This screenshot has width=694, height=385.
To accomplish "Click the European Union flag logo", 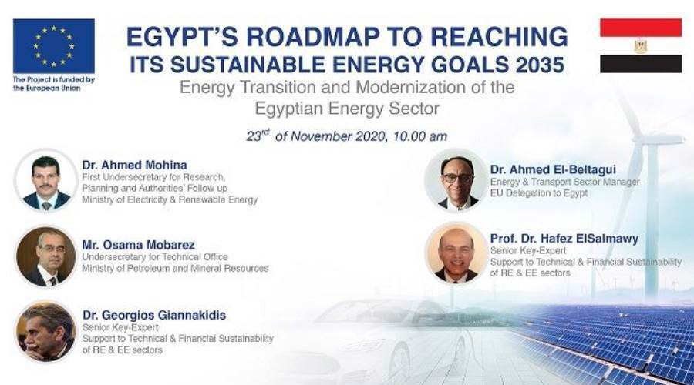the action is tap(53, 46).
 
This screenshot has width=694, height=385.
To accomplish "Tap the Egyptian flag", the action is tap(641, 45).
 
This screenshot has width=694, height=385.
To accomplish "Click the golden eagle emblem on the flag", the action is tap(641, 46).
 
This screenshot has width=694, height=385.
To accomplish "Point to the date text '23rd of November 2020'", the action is tap(315, 136).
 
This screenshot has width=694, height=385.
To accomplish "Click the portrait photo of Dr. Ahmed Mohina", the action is tap(46, 180).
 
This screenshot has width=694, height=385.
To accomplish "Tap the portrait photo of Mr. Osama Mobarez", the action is tap(46, 257).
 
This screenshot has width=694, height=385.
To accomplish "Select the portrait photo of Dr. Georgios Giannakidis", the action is tap(46, 332).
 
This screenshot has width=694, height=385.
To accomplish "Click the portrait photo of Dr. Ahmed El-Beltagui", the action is tap(456, 180).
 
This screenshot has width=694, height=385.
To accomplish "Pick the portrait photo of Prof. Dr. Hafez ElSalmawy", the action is tap(456, 253).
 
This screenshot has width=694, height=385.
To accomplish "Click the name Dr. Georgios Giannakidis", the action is tap(154, 315).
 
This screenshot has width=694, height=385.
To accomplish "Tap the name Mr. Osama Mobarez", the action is tap(139, 245).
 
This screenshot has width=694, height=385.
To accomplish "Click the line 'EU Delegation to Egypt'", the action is tap(539, 193).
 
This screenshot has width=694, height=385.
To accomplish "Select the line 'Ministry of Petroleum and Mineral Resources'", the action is tap(175, 268).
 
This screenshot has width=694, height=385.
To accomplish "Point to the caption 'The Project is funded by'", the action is tap(53, 80).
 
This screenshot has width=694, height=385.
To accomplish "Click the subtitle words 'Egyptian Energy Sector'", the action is tap(347, 109).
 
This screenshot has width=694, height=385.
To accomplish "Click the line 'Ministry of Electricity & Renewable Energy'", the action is tap(170, 199).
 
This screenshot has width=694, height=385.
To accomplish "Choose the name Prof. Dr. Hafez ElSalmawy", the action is tap(564, 239).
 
